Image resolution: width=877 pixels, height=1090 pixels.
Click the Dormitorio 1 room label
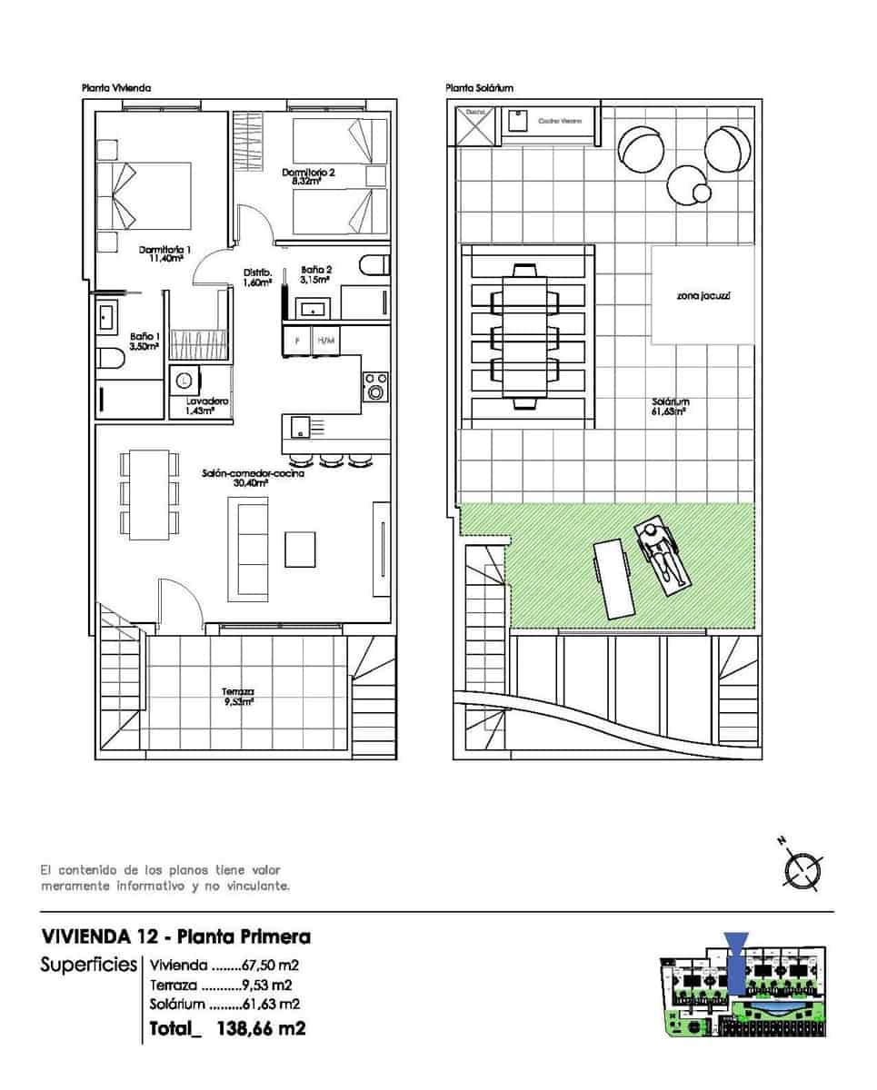pyautogui.click(x=164, y=250)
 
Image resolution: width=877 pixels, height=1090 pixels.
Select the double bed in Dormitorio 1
pyautogui.click(x=153, y=195)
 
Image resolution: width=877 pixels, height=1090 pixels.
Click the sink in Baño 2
pyautogui.click(x=315, y=306)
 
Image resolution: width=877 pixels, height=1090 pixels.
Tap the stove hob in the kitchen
pyautogui.click(x=374, y=386)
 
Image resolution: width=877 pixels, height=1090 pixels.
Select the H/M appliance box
pyautogui.click(x=324, y=342)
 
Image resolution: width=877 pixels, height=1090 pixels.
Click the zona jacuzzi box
pyautogui.click(x=703, y=295)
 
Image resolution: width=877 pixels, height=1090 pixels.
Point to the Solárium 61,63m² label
pyautogui.click(x=668, y=406)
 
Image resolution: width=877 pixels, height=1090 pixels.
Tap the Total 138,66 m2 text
pyautogui.click(x=227, y=1028)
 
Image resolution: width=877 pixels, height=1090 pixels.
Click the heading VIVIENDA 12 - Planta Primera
pyautogui.click(x=176, y=936)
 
